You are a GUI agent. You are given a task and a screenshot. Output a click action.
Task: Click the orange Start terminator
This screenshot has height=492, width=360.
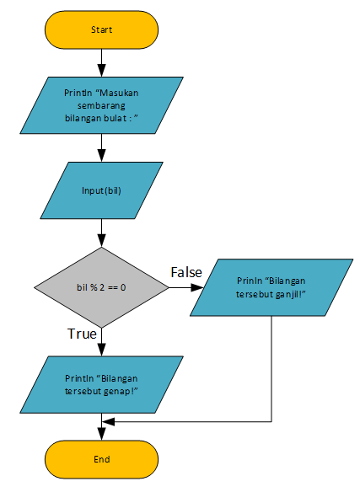tap(101, 29)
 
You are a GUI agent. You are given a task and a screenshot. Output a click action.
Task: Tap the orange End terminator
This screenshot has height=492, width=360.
tap(101, 459)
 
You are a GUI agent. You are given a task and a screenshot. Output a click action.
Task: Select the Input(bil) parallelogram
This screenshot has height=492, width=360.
tap(101, 190)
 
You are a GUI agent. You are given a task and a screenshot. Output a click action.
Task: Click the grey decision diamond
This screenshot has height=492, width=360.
tap(101, 287)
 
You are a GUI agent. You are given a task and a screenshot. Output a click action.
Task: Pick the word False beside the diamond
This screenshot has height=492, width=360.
tap(187, 272)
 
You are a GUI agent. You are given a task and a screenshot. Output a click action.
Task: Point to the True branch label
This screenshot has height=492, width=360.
tap(81, 334)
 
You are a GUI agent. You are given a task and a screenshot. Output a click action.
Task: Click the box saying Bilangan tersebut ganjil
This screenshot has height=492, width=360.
tap(271, 287)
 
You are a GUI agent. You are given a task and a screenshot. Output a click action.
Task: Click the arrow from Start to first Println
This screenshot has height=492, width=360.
tap(101, 62)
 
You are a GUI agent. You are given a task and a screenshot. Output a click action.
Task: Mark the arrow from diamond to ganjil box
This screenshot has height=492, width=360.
tap(185, 287)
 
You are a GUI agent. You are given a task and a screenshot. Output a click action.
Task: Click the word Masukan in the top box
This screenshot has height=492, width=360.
tap(118, 91)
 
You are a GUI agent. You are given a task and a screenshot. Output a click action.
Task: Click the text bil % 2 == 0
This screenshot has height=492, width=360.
tap(101, 287)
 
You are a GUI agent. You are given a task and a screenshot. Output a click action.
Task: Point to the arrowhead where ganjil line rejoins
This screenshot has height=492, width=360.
tap(107, 420)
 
